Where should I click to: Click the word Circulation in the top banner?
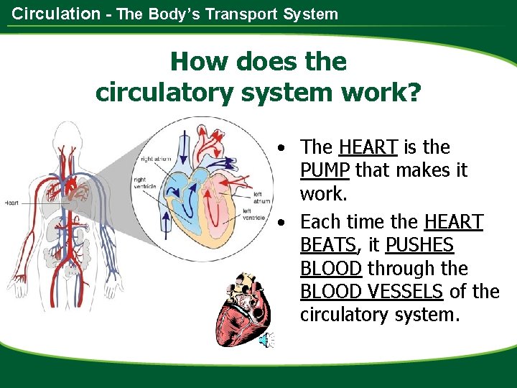tap(57, 14)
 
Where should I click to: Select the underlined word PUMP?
tap(325, 170)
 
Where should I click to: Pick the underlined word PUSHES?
tap(419, 245)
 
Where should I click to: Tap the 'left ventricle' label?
tap(255, 213)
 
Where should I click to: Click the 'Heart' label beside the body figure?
tap(11, 203)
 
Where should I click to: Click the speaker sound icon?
tap(266, 340)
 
